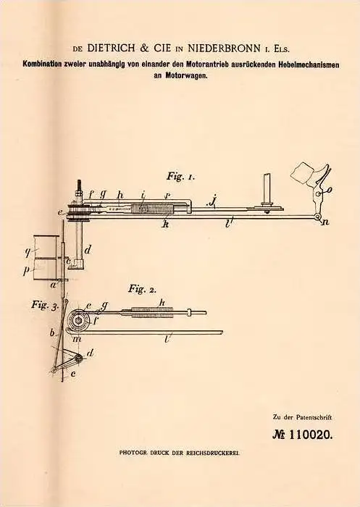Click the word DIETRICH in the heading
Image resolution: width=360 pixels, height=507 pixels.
111,49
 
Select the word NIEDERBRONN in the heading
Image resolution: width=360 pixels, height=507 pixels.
224,49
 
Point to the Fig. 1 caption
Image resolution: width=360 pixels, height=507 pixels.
180,177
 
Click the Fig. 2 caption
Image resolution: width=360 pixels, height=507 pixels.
142,288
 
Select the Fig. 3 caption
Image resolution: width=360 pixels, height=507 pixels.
45,305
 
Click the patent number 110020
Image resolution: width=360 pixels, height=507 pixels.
310,435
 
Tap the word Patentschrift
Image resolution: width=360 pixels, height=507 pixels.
314,417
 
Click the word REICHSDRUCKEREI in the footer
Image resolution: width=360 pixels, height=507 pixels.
212,453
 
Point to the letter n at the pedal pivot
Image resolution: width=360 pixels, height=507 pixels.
325,222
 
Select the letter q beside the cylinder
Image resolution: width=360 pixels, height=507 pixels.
28,251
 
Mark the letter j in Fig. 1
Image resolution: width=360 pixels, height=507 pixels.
212,202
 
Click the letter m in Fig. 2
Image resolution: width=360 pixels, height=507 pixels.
78,338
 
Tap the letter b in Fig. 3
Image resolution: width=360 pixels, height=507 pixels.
52,332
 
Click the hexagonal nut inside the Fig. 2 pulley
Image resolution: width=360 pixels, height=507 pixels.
78,320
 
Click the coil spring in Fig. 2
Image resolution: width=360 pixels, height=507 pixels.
152,313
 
